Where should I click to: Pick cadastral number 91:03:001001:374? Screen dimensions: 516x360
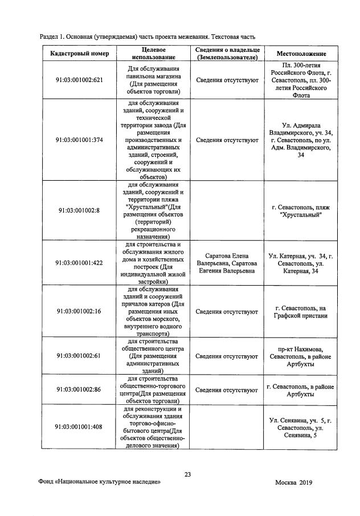(79, 140)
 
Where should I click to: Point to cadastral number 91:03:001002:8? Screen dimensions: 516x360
(79, 210)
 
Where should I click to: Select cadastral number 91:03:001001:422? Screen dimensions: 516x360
(79, 263)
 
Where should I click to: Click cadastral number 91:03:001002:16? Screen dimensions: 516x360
(79, 311)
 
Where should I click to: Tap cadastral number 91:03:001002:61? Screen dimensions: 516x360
(79, 356)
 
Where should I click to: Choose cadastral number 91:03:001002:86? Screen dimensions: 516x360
(79, 391)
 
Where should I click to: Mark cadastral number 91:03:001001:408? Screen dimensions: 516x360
(79, 427)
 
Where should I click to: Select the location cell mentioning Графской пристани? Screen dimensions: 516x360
(301, 311)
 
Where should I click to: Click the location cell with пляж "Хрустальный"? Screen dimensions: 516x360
(301, 210)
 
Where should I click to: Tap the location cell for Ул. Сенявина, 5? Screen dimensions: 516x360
(301, 427)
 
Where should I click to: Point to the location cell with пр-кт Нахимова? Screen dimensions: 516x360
(301, 356)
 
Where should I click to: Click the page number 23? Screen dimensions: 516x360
(187, 474)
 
